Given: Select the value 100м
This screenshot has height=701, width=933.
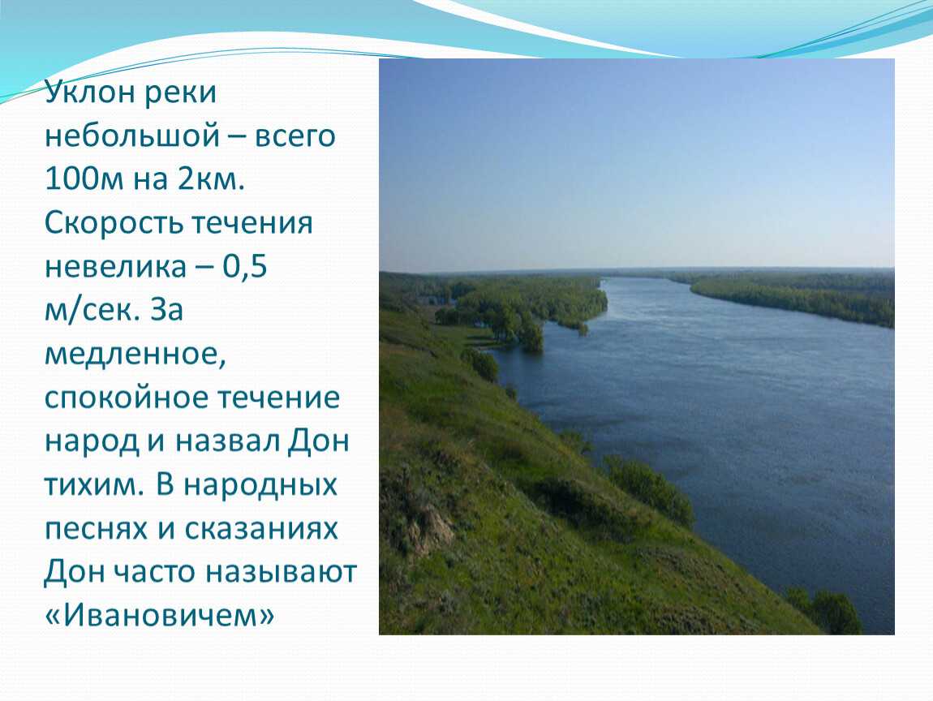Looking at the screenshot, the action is pyautogui.click(x=84, y=179).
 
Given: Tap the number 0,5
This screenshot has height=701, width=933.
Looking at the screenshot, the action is pyautogui.click(x=244, y=267).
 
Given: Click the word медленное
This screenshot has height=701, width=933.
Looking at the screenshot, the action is pyautogui.click(x=135, y=355).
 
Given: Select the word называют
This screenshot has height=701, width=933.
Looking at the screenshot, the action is pyautogui.click(x=281, y=573).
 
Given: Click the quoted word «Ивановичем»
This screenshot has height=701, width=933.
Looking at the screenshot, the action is pyautogui.click(x=160, y=615).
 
